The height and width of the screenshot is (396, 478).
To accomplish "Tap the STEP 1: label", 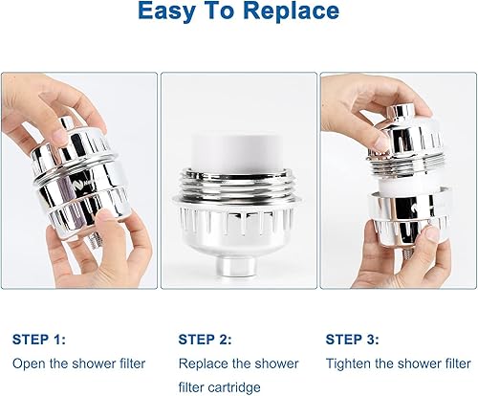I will tap(38, 339).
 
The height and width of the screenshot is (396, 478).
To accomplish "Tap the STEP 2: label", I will tap(206, 339).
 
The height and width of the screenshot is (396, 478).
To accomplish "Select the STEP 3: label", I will tap(352, 339).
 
